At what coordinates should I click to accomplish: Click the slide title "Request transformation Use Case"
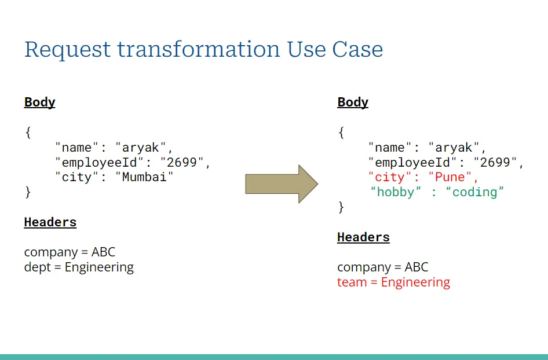[203, 50]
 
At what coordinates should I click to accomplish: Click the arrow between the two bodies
[282, 184]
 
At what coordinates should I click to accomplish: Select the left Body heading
[39, 102]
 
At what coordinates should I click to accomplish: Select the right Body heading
[353, 102]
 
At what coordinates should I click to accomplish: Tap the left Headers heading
[50, 222]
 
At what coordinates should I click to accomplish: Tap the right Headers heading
[363, 237]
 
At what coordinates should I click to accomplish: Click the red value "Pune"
[450, 177]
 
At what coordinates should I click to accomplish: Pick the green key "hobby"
[396, 192]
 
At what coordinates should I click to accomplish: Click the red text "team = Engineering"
[393, 282]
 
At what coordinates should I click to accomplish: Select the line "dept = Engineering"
[79, 267]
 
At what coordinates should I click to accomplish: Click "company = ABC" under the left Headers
[70, 252]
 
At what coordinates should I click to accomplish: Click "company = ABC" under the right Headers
[382, 267]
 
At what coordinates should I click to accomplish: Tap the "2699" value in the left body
[182, 162]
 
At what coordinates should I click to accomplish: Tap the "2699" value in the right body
[495, 162]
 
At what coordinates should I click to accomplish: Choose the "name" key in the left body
[77, 147]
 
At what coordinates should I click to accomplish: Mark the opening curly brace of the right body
[341, 133]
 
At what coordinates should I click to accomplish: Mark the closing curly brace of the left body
[28, 192]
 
